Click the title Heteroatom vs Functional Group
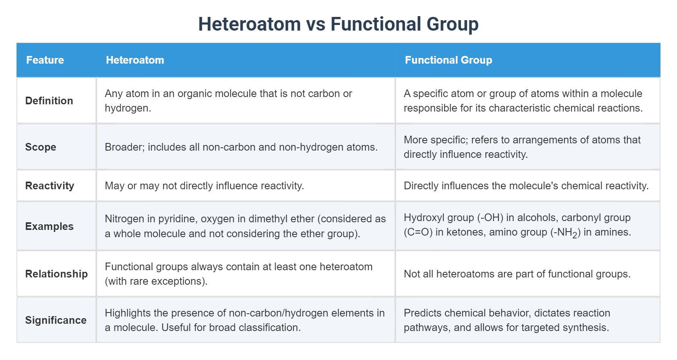338,24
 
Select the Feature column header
45,60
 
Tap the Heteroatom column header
135,60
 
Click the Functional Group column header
449,60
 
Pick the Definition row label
49,101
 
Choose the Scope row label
40,147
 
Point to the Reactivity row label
50,185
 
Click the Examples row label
49,226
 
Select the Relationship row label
56,274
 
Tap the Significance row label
56,320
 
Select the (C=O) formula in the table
418,232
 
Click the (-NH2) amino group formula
565,233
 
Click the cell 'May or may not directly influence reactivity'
204,185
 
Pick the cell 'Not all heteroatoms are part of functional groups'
517,274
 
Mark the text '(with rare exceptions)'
156,281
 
